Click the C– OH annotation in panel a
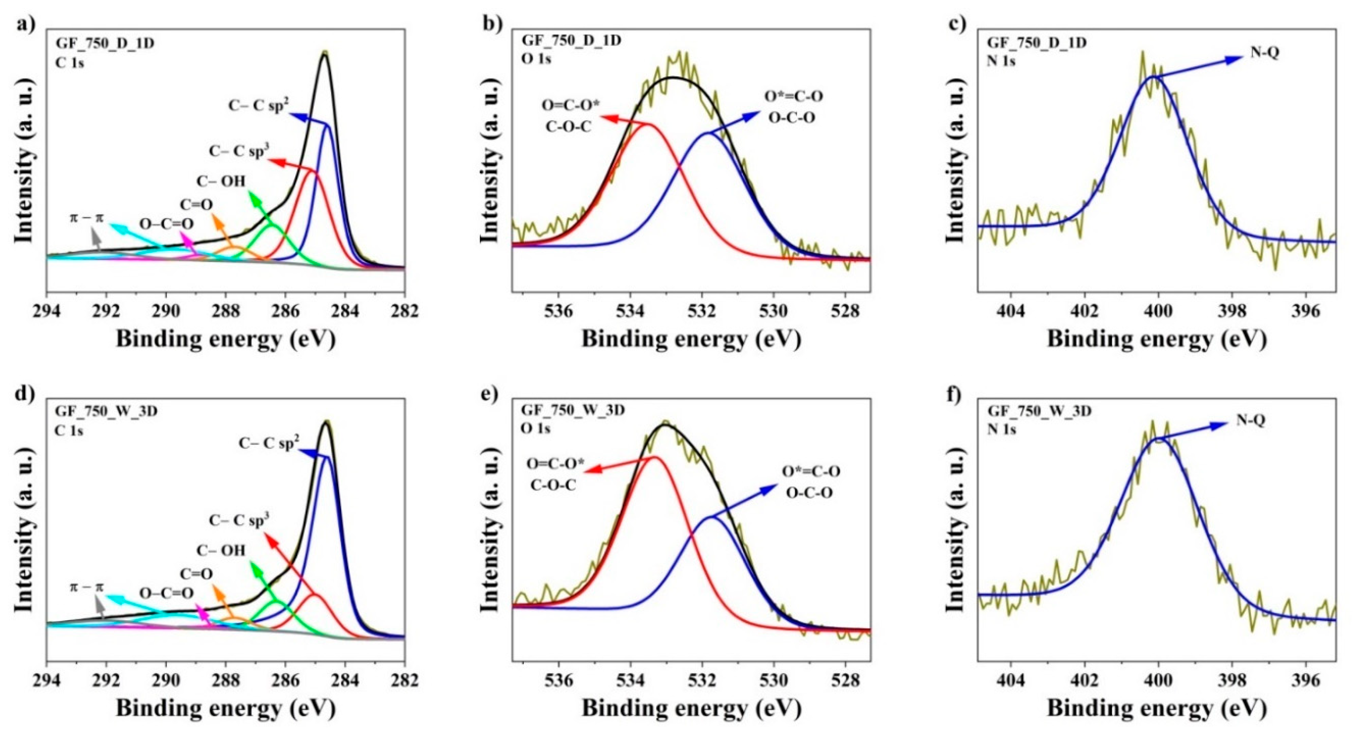click(x=221, y=181)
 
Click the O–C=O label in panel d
click(x=166, y=593)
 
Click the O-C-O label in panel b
click(x=792, y=117)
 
